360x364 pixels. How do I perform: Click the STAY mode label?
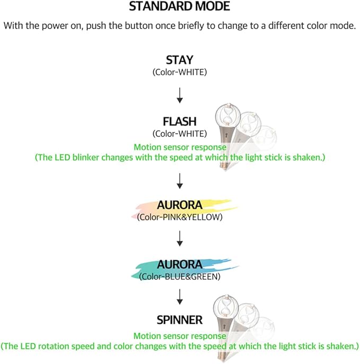(179, 60)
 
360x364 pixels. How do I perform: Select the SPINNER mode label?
(179, 320)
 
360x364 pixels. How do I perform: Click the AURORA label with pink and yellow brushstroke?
(179, 205)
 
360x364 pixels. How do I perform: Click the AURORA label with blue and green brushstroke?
(179, 264)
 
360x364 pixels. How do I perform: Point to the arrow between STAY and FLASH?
(179, 95)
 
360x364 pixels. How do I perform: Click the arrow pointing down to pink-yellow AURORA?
(179, 181)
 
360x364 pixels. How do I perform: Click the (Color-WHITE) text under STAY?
(179, 71)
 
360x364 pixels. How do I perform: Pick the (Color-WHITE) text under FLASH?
(179, 134)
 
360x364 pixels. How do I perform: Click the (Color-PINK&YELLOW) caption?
(179, 217)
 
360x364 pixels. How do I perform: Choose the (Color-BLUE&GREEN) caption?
(179, 276)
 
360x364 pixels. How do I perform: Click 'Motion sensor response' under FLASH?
(180, 147)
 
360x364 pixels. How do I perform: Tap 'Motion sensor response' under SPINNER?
(180, 335)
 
